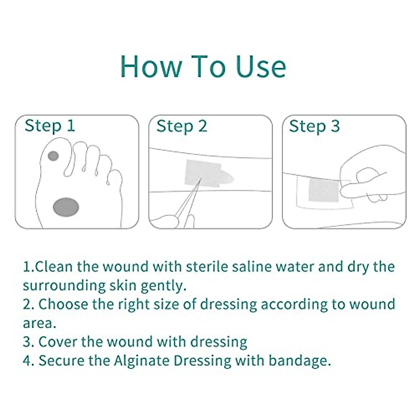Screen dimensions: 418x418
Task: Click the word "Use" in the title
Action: click(x=261, y=66)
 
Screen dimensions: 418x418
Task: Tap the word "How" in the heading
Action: click(x=151, y=66)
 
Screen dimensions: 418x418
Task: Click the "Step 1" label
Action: click(x=50, y=126)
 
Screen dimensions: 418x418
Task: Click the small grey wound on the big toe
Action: click(x=53, y=156)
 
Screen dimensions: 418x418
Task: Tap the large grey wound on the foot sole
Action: click(x=66, y=207)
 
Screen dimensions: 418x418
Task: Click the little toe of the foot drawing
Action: click(x=115, y=177)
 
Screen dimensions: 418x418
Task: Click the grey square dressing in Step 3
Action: click(x=324, y=190)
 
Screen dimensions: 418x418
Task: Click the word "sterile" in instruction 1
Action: click(x=207, y=266)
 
